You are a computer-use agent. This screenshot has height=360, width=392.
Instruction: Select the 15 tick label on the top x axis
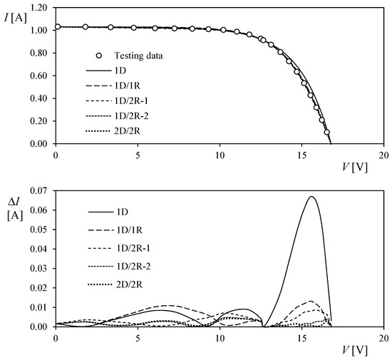coord(301,155)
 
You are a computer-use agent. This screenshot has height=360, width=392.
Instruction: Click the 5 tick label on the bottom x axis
coord(138,337)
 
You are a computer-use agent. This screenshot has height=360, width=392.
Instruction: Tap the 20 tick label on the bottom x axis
coord(383,337)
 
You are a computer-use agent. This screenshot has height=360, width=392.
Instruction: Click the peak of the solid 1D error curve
coord(311,197)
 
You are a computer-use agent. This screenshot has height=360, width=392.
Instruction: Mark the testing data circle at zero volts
coord(57,26)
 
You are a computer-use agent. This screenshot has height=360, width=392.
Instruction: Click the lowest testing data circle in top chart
coord(327,132)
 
